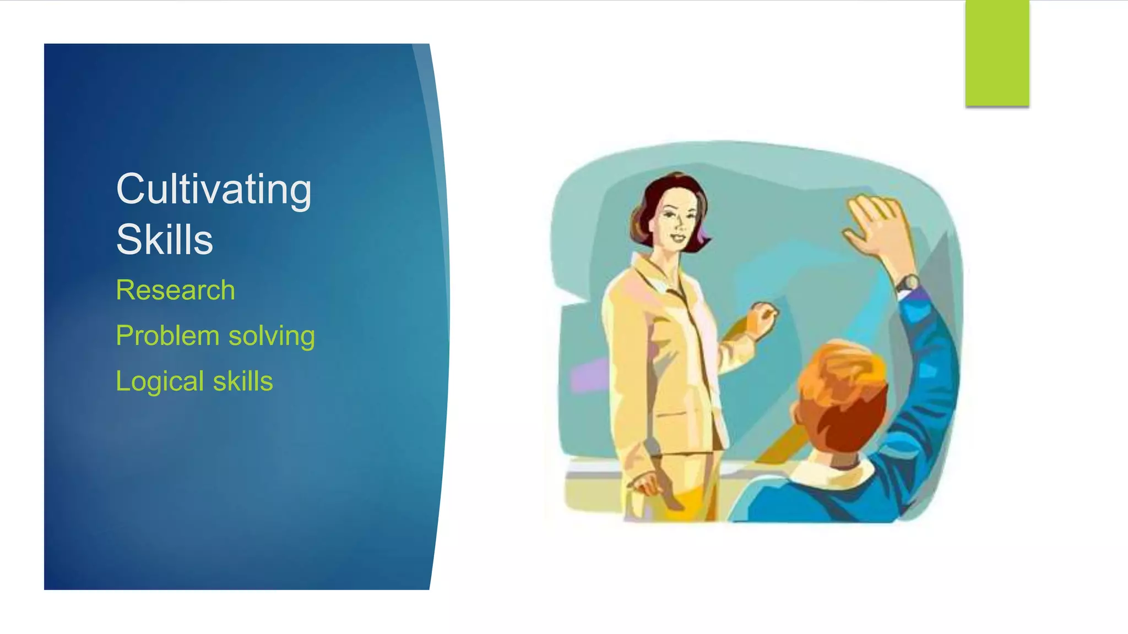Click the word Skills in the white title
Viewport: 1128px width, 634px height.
164,240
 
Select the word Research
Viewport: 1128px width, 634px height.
175,290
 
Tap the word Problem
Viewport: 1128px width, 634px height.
167,336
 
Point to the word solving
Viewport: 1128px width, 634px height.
272,336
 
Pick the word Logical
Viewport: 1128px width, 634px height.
160,381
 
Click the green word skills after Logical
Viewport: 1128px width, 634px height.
243,381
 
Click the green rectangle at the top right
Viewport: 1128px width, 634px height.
997,53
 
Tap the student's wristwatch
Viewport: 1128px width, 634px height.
907,284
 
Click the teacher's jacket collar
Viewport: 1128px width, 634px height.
655,275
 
